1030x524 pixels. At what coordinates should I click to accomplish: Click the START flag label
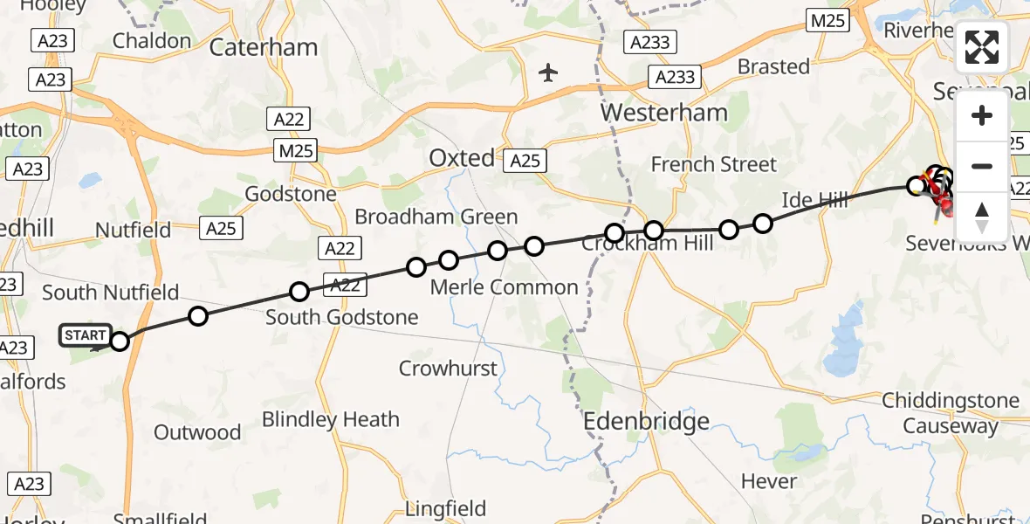pyautogui.click(x=86, y=335)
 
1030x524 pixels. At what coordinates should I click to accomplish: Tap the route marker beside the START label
pyautogui.click(x=120, y=341)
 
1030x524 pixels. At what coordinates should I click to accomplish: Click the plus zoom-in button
pyautogui.click(x=982, y=115)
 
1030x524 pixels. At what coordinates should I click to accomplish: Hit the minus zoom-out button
pyautogui.click(x=982, y=166)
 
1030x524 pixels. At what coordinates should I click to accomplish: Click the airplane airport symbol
pyautogui.click(x=548, y=72)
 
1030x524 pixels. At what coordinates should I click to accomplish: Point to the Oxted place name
pyautogui.click(x=461, y=158)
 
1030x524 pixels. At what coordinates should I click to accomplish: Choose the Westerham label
pyautogui.click(x=663, y=113)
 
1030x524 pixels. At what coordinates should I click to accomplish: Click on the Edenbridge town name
pyautogui.click(x=646, y=423)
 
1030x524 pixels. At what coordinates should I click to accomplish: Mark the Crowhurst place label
pyautogui.click(x=448, y=369)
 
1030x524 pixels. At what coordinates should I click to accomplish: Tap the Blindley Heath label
pyautogui.click(x=330, y=420)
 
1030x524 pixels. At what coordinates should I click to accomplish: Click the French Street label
pyautogui.click(x=713, y=164)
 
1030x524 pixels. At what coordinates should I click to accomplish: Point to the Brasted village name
pyautogui.click(x=773, y=66)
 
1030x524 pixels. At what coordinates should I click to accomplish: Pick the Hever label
pyautogui.click(x=768, y=481)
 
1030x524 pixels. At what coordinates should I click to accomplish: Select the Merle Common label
pyautogui.click(x=505, y=287)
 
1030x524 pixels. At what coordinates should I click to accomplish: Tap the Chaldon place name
pyautogui.click(x=151, y=40)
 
